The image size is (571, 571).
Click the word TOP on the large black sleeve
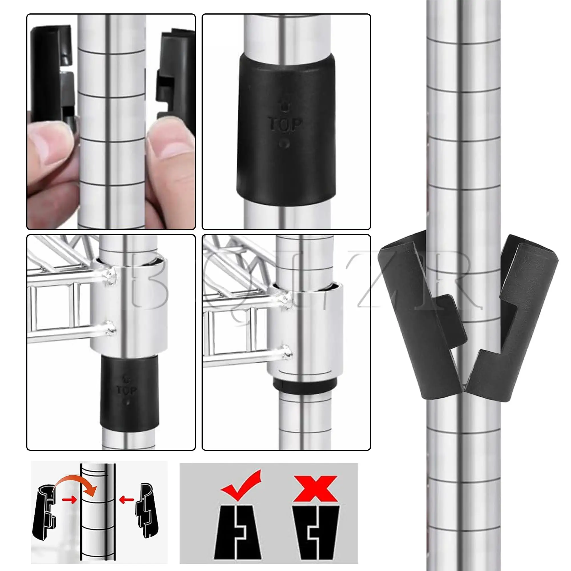pos(285,124)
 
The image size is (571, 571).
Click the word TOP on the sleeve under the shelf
pos(126,390)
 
